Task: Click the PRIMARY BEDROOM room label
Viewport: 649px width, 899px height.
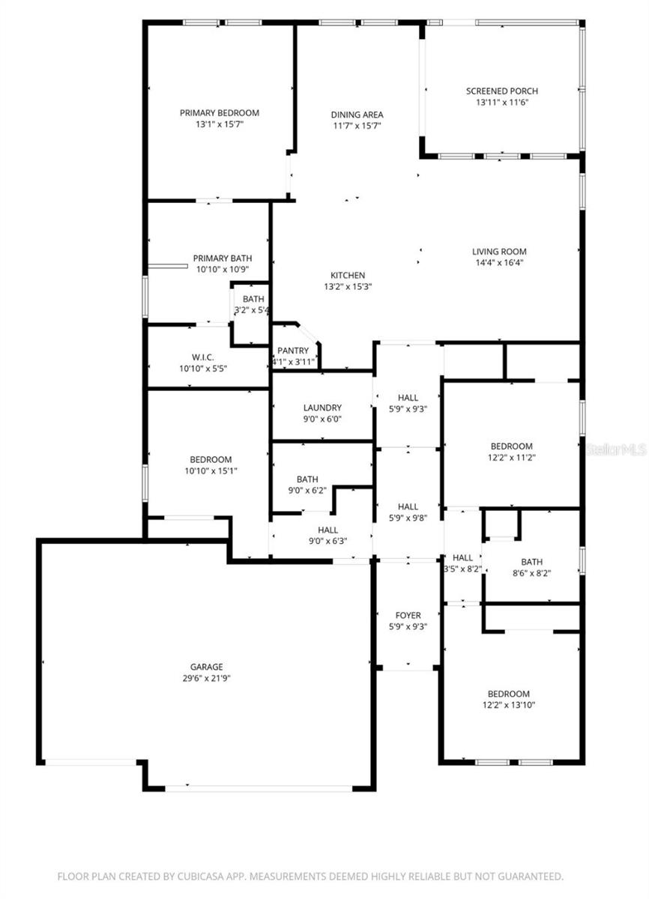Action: pos(219,113)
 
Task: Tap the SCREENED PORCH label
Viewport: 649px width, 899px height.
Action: pos(501,91)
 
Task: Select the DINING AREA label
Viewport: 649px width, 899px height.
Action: pos(357,115)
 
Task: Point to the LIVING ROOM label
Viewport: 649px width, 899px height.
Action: pos(499,252)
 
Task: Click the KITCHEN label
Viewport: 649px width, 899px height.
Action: pos(348,275)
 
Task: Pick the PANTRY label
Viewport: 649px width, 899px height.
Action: pos(292,351)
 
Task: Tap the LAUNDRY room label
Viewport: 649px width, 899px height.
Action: pos(322,408)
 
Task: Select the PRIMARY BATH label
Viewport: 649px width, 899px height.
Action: pos(222,258)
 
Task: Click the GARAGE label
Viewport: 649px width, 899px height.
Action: pos(206,667)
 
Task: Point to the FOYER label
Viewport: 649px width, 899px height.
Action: pos(408,615)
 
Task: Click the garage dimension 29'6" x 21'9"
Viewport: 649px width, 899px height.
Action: pos(206,678)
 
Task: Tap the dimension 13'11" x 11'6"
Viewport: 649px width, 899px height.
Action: pos(501,103)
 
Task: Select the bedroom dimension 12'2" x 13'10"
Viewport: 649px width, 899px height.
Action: pos(508,705)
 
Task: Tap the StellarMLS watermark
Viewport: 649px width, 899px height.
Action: pos(616,450)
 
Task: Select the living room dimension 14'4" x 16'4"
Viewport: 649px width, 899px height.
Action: pos(499,263)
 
